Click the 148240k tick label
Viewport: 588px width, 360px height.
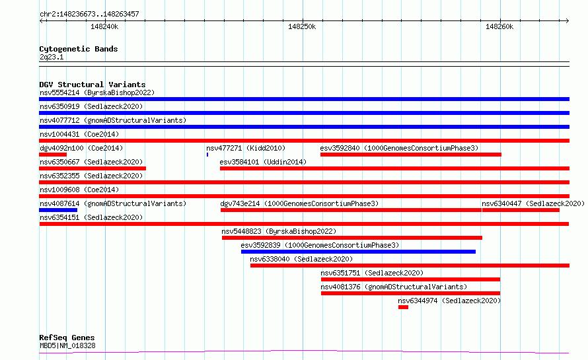click(104, 26)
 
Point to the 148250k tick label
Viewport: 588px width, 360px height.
click(302, 26)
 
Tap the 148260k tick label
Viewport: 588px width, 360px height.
click(499, 26)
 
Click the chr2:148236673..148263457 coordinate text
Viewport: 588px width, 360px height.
click(89, 14)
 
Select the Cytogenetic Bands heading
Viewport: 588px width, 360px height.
click(79, 49)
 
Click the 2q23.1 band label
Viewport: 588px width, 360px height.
click(52, 57)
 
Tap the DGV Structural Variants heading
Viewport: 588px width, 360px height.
click(92, 85)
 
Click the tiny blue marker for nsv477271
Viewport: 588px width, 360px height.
click(207, 155)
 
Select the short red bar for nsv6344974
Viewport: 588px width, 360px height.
click(403, 307)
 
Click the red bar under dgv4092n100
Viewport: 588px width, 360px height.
click(53, 155)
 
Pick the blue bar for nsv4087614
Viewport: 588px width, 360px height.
click(58, 210)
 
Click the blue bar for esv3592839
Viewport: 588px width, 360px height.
click(358, 252)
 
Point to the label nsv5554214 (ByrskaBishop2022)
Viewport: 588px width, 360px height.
click(97, 92)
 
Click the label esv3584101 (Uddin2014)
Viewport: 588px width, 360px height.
click(263, 162)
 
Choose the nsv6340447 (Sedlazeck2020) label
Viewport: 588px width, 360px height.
click(533, 203)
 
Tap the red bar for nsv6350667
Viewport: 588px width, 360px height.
click(92, 168)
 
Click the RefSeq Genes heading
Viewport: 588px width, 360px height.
click(67, 338)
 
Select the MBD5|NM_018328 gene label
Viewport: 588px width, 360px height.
click(67, 345)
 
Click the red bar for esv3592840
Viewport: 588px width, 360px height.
click(411, 155)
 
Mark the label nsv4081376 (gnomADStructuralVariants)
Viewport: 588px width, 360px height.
click(394, 287)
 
